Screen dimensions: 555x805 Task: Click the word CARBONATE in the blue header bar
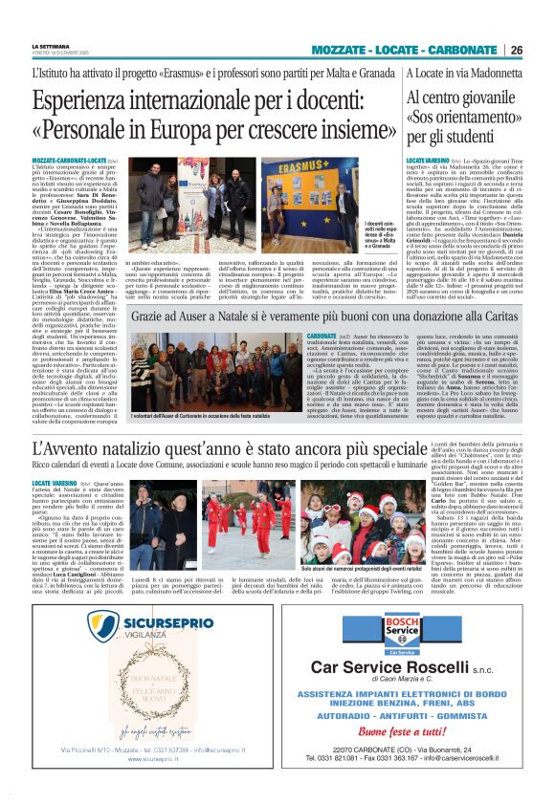click(463, 50)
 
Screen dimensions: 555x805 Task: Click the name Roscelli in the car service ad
click(425, 667)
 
